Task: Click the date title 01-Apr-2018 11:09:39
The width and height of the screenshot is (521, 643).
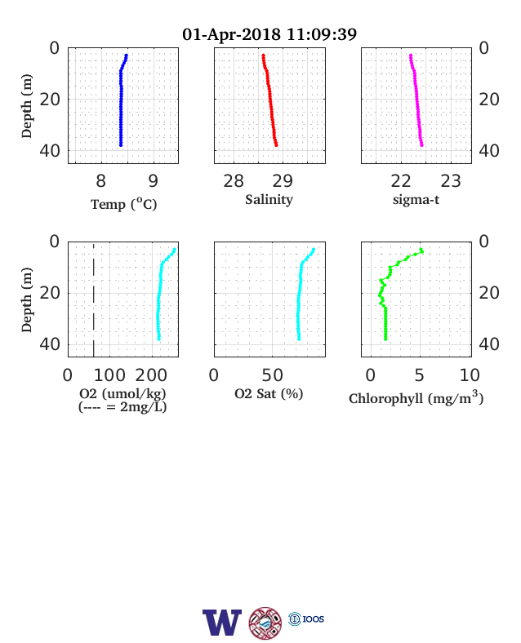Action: (x=269, y=34)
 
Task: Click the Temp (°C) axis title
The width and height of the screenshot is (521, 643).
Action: (x=124, y=204)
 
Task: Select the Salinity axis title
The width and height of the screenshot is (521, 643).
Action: (x=269, y=200)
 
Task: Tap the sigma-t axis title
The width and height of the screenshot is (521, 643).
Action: (x=416, y=200)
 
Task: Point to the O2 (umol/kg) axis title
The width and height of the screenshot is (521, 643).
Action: (x=122, y=393)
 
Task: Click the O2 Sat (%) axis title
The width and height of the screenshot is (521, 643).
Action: (x=269, y=393)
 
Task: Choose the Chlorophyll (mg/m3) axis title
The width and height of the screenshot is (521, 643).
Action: (x=416, y=397)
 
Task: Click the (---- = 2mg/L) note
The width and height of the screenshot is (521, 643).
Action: (x=122, y=407)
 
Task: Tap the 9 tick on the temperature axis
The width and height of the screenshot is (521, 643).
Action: (x=153, y=181)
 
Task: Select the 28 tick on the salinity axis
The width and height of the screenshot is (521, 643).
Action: (x=234, y=181)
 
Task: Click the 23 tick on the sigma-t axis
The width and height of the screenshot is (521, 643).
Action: (x=451, y=181)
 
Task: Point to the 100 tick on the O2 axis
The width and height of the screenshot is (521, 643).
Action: (x=109, y=375)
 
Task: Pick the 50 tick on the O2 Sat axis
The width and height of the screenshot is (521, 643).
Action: (x=273, y=375)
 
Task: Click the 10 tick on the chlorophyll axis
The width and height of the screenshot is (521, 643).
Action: (x=470, y=375)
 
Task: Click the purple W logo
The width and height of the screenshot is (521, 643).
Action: (x=222, y=623)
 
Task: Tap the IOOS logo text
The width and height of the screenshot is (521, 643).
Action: (x=314, y=619)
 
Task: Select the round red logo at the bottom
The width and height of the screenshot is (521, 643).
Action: (x=265, y=623)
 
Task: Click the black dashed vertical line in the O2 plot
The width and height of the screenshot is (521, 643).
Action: (x=94, y=299)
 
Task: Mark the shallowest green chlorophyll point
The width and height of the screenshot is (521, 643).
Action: (x=421, y=250)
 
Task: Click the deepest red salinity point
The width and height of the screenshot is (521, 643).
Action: (x=276, y=144)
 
